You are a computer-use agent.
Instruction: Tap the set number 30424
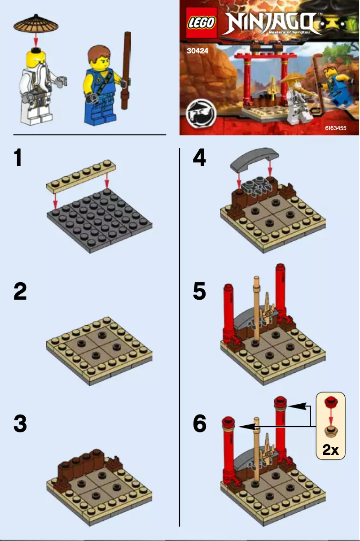tap(198, 51)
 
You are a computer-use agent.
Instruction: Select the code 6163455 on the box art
tap(335, 128)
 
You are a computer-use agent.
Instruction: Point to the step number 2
tap(20, 292)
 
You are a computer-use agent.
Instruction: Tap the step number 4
tap(199, 158)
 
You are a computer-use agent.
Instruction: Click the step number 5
tap(199, 292)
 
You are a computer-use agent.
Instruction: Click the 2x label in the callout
tap(331, 449)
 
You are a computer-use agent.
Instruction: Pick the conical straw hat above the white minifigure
tap(36, 24)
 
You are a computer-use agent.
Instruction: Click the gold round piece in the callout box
tap(331, 431)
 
